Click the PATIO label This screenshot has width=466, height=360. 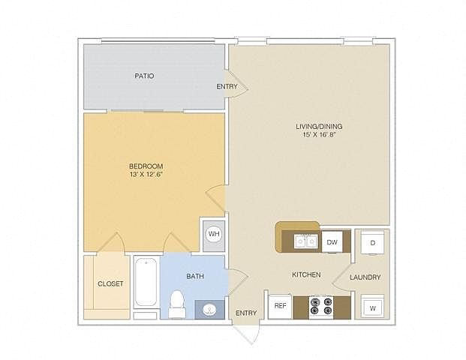click(144, 76)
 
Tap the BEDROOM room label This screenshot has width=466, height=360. click(146, 166)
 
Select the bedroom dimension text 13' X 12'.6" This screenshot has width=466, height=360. click(146, 174)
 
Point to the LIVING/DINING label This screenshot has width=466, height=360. click(319, 126)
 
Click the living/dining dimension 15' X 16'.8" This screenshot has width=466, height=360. click(319, 134)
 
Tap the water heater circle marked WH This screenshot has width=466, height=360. click(214, 234)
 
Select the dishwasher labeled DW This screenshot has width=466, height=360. click(332, 242)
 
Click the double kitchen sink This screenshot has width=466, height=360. click(305, 241)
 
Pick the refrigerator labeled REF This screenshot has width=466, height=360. click(280, 306)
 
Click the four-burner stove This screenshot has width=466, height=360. click(321, 306)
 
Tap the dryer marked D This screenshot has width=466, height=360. click(372, 243)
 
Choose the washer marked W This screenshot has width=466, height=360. click(372, 307)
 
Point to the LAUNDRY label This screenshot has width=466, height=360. click(365, 277)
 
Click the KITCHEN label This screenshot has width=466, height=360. click(306, 274)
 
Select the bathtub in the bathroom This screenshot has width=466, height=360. click(146, 282)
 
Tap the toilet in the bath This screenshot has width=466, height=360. click(177, 304)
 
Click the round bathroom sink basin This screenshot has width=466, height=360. click(210, 310)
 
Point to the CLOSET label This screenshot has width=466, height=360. click(110, 284)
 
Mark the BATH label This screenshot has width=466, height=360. click(195, 276)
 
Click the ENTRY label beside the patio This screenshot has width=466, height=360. click(227, 86)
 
